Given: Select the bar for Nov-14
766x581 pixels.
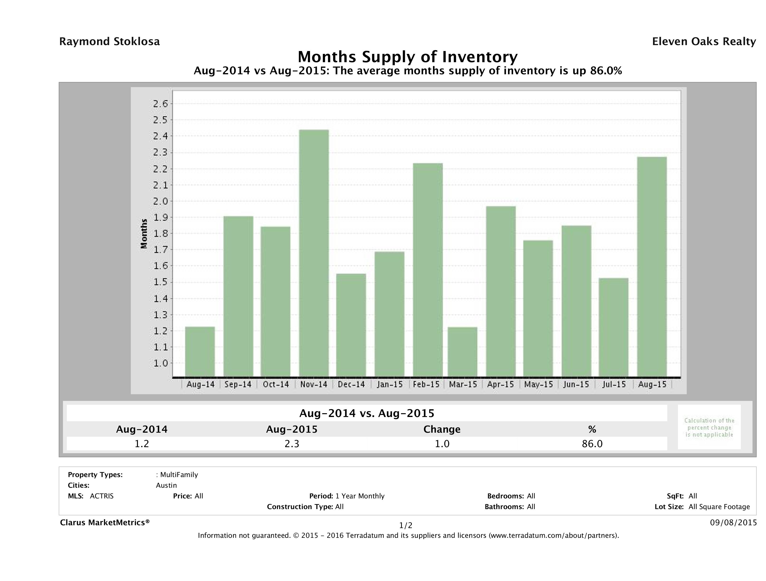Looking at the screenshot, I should coord(314,253).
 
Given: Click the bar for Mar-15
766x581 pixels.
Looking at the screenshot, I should coord(462,352).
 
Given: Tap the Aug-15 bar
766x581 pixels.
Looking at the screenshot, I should coord(652,267).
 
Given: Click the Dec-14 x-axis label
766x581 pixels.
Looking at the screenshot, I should coord(351,384).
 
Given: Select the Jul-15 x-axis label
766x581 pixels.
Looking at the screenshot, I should coord(614,384).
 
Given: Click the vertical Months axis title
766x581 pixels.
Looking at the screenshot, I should coord(144,234).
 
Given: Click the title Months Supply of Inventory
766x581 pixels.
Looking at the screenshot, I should coord(408,57).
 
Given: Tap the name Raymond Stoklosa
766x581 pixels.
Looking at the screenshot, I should coord(109,42).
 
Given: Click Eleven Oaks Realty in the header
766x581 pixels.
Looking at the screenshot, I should coord(704,42).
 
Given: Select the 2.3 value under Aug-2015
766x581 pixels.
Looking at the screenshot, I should coord(291,444).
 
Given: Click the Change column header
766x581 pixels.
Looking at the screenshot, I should coord(442,429).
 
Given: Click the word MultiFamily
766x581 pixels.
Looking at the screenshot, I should coord(179,475).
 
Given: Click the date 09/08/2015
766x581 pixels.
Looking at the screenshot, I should coord(733,522).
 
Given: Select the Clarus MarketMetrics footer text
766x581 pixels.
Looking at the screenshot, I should coord(105,522).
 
